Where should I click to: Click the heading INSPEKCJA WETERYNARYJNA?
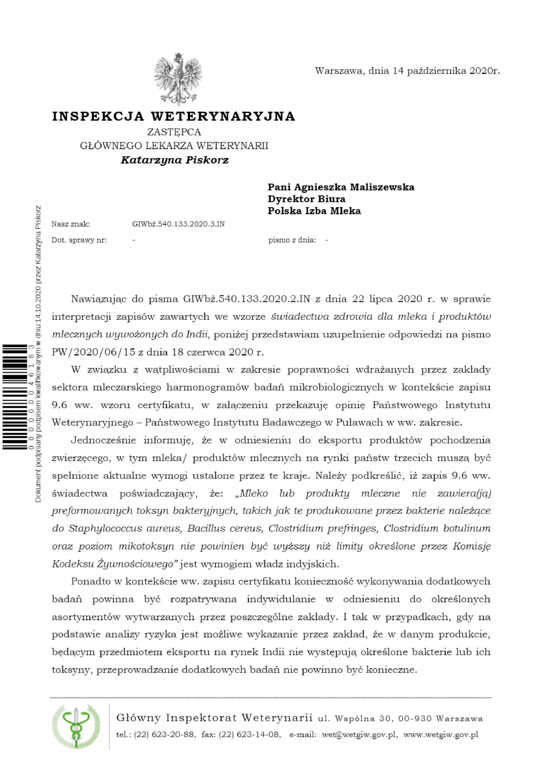[174, 116]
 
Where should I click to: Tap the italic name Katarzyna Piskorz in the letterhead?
[174, 160]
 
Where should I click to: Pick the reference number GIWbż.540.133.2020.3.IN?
[178, 224]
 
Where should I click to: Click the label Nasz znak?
[70, 224]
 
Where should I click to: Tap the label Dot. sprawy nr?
[79, 240]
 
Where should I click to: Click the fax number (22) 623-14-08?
[250, 735]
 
